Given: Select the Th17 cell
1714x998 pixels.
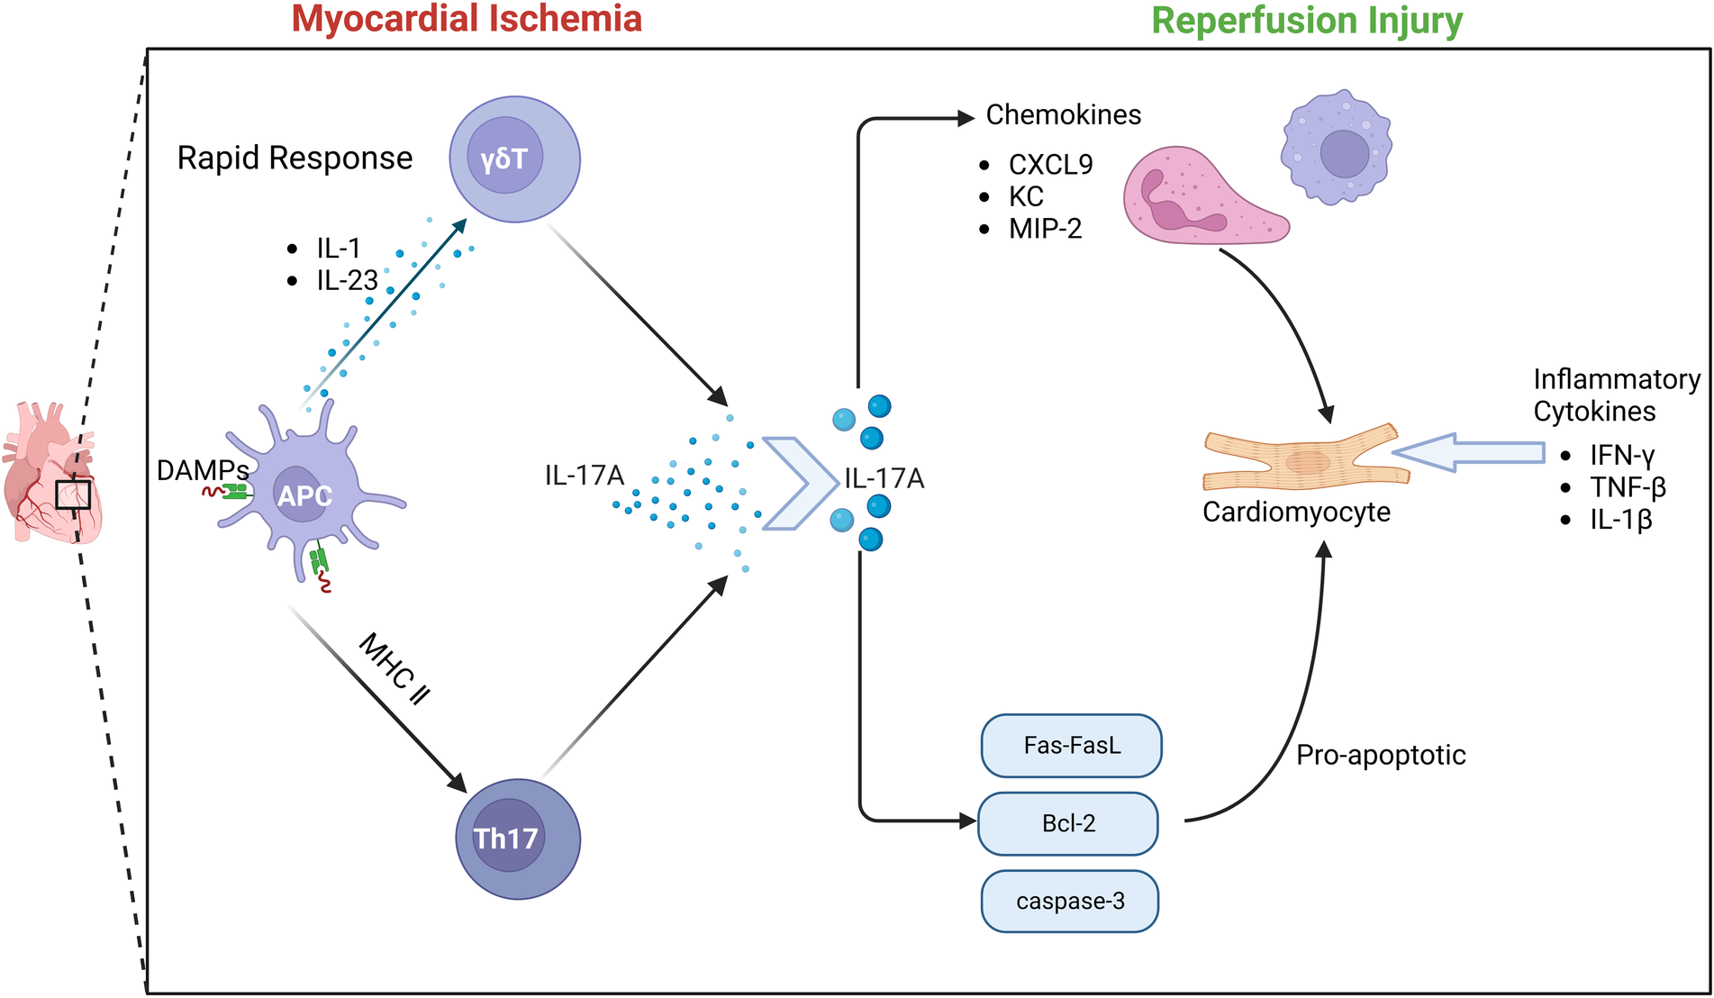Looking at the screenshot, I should [517, 839].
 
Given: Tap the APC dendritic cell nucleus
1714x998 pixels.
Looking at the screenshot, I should [304, 494].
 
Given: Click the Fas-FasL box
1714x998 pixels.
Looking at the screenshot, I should [1071, 746].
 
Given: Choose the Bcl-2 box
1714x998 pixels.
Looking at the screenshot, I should [1067, 823].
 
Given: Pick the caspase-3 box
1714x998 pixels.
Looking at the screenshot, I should [1069, 901].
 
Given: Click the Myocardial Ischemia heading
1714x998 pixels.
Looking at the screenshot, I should [467, 19].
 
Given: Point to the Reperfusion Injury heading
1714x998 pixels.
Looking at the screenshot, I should [1307, 21].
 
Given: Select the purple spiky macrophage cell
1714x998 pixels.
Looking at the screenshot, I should [1336, 149].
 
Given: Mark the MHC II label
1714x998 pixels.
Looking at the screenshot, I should [394, 669].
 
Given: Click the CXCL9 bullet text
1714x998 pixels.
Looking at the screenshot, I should [1050, 165].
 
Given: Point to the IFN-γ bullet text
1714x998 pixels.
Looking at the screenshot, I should [1621, 455].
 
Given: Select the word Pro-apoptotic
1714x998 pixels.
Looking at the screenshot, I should [1380, 755].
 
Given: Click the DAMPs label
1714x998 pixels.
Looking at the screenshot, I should [203, 470].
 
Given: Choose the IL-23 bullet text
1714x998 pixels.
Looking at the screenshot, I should [347, 281].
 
